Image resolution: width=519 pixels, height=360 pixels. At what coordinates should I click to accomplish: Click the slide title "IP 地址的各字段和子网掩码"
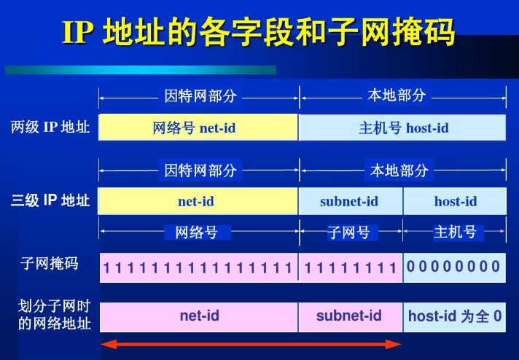259,34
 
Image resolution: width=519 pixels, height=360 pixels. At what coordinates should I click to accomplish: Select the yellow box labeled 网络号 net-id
198,128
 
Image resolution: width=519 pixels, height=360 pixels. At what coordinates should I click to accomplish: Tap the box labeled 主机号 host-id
402,128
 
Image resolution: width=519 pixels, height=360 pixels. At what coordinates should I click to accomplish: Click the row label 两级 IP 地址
50,128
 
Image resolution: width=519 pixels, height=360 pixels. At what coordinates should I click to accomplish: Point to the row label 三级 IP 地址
50,200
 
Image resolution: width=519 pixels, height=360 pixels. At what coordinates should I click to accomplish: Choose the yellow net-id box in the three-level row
198,201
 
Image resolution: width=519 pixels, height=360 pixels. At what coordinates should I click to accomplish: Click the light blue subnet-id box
350,201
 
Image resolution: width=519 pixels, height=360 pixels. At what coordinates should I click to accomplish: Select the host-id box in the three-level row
455,201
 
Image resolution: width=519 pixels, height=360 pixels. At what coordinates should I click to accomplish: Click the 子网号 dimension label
349,232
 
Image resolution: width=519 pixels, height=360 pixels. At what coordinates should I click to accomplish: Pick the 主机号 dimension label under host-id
455,232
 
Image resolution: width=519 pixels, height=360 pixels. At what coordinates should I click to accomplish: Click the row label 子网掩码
50,263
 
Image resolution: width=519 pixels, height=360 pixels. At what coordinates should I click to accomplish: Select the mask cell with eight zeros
454,267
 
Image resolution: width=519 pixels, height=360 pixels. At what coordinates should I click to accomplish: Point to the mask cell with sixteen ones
198,268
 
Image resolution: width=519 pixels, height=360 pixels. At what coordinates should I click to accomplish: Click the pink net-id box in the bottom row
198,316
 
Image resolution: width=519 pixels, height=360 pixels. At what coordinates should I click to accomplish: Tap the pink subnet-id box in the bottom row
350,316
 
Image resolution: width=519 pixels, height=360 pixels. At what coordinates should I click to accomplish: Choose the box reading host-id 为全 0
455,316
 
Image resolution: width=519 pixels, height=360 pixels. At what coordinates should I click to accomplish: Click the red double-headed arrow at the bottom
251,344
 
